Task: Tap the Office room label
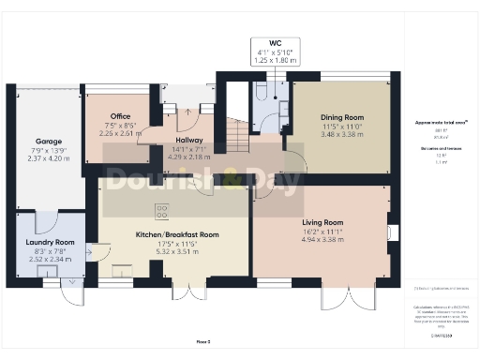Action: [x=120, y=116]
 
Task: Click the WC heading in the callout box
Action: [x=275, y=42]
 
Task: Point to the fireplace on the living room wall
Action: [x=391, y=231]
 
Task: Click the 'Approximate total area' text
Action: [x=436, y=123]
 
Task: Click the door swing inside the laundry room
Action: [x=91, y=251]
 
